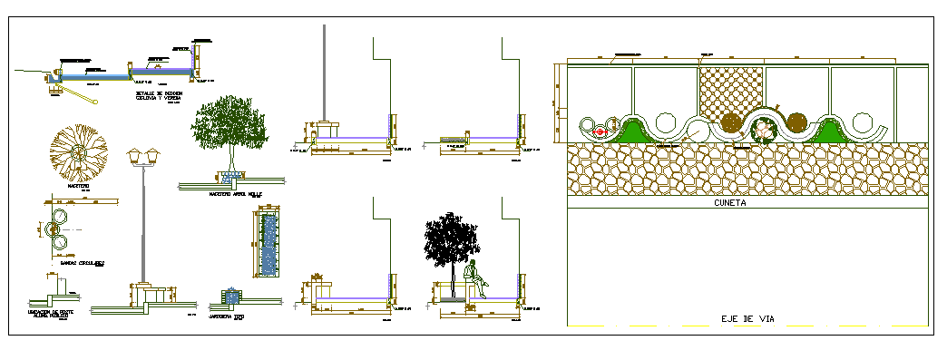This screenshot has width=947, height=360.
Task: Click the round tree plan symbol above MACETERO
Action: pyautogui.click(x=80, y=151)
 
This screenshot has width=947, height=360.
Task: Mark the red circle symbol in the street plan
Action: pyautogui.click(x=600, y=131)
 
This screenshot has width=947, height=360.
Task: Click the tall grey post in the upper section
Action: pyautogui.click(x=326, y=73)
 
